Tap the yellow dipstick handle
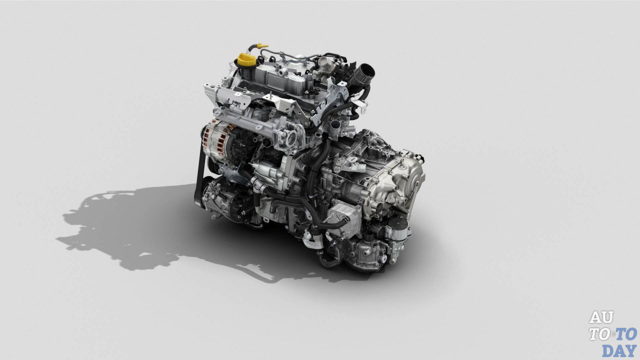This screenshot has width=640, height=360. click(x=262, y=45)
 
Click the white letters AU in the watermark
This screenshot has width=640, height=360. click(x=601, y=317)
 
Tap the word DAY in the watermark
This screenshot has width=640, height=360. click(x=619, y=350)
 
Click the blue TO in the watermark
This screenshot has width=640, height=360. click(x=626, y=334)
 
